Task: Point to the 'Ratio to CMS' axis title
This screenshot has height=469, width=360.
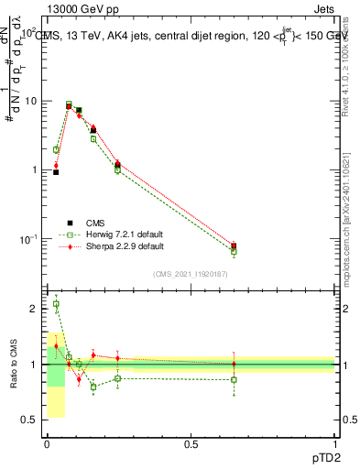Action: pyautogui.click(x=14, y=365)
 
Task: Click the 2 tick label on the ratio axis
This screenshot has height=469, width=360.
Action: pyautogui.click(x=34, y=309)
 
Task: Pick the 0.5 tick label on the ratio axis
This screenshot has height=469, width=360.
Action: pyautogui.click(x=30, y=420)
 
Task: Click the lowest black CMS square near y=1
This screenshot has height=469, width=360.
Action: pyautogui.click(x=56, y=172)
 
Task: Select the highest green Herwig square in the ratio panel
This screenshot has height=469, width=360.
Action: pyautogui.click(x=56, y=304)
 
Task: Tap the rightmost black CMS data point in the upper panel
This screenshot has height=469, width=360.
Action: pyautogui.click(x=235, y=245)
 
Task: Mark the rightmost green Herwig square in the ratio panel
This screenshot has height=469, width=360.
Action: pyautogui.click(x=235, y=379)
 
